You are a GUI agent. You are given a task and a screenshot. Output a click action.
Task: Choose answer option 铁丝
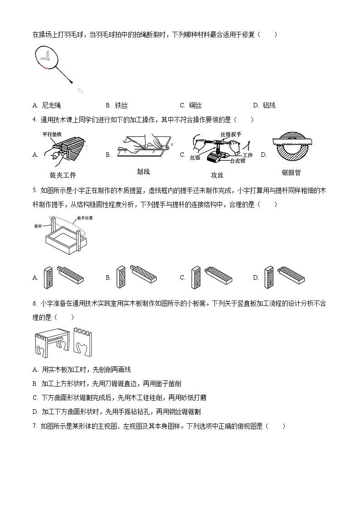pos(121,106)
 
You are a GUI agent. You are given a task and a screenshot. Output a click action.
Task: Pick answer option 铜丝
pos(195,106)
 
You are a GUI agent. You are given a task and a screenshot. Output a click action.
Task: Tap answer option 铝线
pos(269,106)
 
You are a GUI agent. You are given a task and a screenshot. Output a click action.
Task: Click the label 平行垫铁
pos(52,134)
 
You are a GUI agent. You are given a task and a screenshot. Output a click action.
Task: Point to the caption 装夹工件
pos(62,175)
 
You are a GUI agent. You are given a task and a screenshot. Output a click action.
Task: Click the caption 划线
pos(143,171)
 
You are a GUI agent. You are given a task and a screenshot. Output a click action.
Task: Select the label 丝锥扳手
pos(230,134)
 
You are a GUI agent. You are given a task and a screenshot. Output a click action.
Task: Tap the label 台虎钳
pos(238,161)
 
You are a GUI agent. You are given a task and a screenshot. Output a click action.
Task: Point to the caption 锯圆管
pos(291,173)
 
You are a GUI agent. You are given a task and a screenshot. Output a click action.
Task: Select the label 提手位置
pos(85,218)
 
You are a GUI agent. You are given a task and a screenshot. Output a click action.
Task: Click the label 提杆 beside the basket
pos(39,225)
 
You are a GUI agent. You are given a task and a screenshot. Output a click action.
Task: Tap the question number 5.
pos(34,190)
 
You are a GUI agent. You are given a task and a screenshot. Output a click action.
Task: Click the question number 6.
pos(34,304)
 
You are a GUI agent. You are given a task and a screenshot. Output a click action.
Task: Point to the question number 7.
pos(34,426)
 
